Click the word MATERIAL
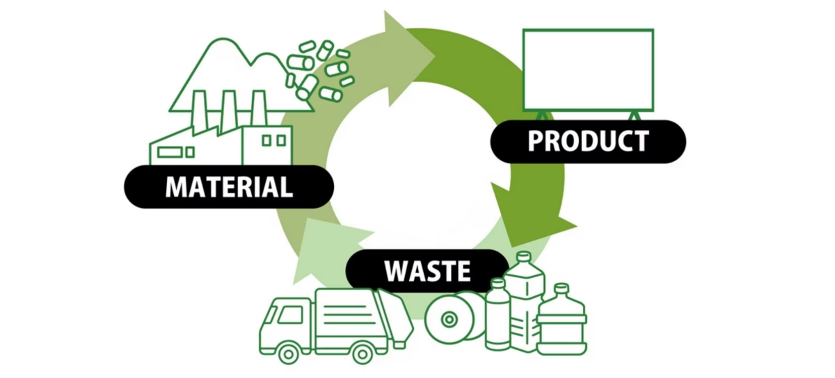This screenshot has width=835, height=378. [229, 187]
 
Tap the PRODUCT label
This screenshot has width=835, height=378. [588, 142]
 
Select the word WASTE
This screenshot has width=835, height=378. [427, 270]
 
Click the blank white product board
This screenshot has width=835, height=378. [588, 69]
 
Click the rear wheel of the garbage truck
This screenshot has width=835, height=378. [362, 352]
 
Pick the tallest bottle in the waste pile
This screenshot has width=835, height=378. [524, 306]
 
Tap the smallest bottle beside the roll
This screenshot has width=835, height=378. [498, 316]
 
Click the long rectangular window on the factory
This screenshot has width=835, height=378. [169, 151]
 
